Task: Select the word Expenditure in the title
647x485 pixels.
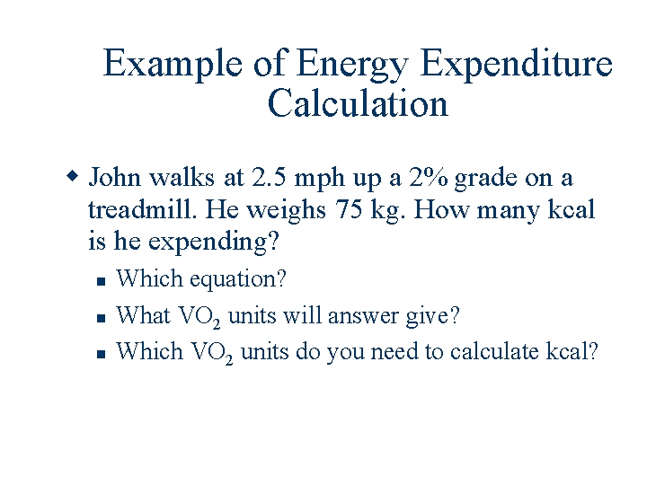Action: tap(517, 65)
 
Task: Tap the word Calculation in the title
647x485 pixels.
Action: tap(358, 103)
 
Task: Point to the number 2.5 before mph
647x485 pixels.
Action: tap(270, 177)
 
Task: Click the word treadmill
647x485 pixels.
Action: tap(142, 209)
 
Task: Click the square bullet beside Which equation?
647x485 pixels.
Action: tap(102, 281)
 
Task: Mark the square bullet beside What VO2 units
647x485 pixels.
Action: tap(102, 317)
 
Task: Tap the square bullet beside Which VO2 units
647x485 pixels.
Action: tap(102, 353)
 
